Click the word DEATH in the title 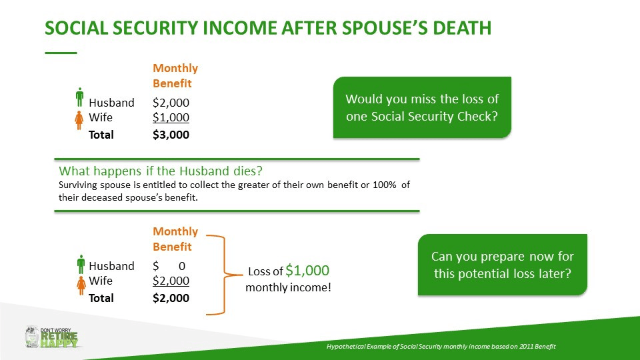461,28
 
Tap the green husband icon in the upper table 79,97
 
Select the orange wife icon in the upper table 79,121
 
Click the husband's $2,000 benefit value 171,103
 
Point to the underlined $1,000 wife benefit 171,117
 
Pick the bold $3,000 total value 171,135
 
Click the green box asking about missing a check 422,107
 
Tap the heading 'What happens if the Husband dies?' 161,171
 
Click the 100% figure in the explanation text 385,185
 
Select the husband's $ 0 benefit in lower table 169,266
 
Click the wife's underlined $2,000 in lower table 171,281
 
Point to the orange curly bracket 224,275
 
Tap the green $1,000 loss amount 307,270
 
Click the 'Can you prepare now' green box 503,265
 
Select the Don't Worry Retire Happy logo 51,337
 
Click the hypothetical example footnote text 441,347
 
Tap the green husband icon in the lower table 81,264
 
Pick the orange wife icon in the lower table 81,285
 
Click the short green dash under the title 61,53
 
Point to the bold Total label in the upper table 101,135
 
